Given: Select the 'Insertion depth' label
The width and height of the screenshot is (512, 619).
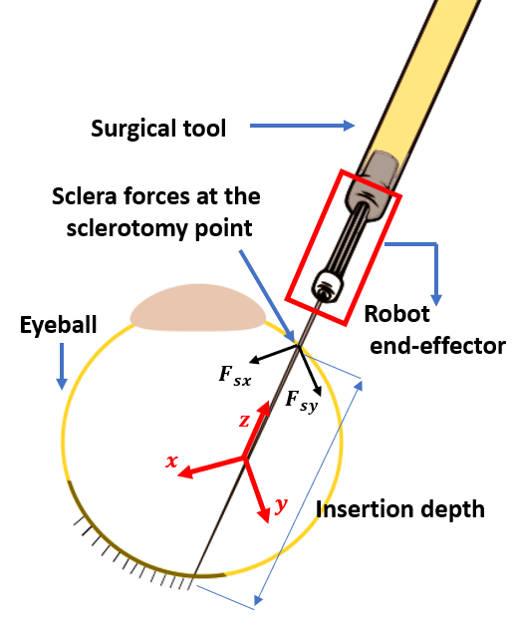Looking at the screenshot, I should click(x=399, y=508).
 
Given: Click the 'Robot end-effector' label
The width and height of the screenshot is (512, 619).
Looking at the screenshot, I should click(x=434, y=330).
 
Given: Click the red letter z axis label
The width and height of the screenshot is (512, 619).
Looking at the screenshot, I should click(x=245, y=420).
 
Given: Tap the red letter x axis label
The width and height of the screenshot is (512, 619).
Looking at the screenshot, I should click(x=171, y=461).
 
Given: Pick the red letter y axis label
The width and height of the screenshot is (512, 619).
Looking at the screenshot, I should click(x=281, y=505).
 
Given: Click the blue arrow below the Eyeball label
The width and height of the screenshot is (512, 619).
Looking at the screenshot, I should click(x=62, y=365).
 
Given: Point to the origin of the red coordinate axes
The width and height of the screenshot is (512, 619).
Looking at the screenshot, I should click(x=244, y=459).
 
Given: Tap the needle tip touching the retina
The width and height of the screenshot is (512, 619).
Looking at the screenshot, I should click(x=195, y=576).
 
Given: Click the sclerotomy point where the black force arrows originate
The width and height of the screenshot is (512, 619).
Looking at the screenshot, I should click(x=297, y=345).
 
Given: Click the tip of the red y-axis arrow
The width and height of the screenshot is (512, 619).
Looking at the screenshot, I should click(x=266, y=517).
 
